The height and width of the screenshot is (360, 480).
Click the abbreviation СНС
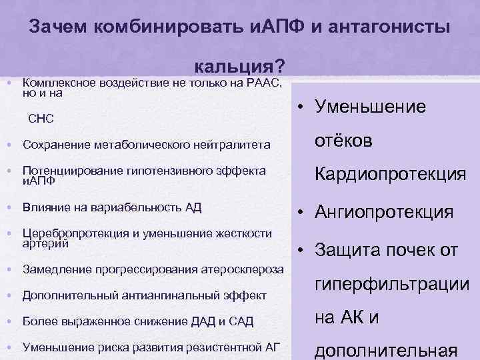pyautogui.click(x=41, y=119)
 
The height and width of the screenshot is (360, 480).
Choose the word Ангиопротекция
pyautogui.click(x=385, y=213)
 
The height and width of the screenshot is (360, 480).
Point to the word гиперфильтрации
pyautogui.click(x=392, y=285)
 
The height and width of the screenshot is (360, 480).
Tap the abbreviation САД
pyautogui.click(x=241, y=321)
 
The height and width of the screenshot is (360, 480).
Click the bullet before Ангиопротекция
pyautogui.click(x=302, y=213)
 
